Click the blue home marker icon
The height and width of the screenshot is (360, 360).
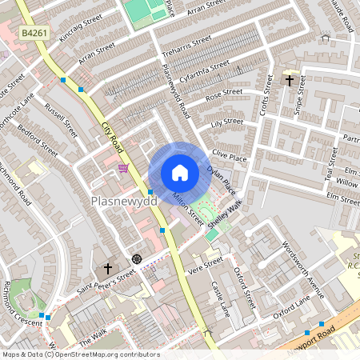179,173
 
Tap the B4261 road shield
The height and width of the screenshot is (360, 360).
33,33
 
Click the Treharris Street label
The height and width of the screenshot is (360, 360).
185,45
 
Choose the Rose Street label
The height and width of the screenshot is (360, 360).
224,94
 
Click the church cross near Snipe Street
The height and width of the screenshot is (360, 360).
289,79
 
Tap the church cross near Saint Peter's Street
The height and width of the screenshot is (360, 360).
108,269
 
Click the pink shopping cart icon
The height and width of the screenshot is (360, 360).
122,167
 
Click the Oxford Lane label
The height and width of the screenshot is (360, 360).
291,307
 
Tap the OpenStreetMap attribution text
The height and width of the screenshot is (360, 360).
81,354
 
